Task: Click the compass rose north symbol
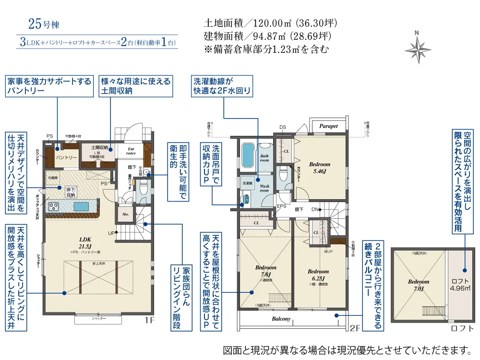pos(418,48)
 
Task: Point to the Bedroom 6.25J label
pos(318,275)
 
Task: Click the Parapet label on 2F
pos(329,126)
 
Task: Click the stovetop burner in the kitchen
pos(53,207)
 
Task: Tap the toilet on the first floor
pos(142,192)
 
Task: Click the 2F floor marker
pos(355,329)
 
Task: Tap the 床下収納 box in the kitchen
pos(71,192)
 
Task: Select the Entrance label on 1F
pos(131,151)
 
